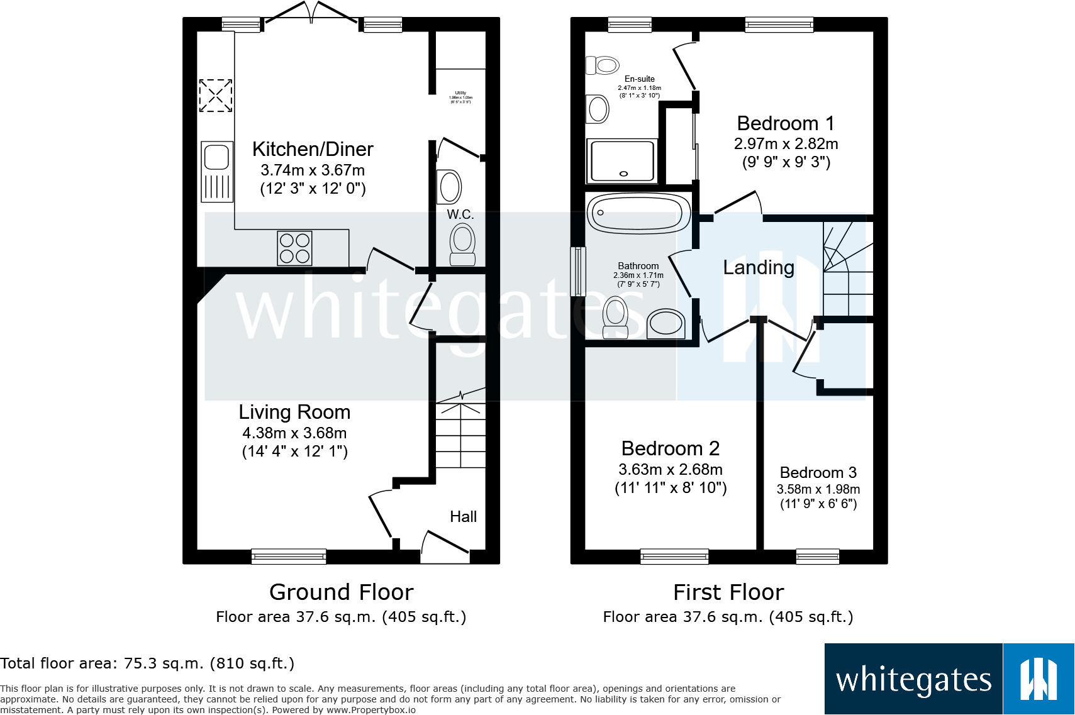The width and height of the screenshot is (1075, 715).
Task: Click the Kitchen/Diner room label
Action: pyautogui.click(x=313, y=149)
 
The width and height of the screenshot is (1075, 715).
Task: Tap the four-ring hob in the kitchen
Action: pyautogui.click(x=294, y=248)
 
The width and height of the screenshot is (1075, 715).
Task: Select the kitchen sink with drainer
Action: pyautogui.click(x=217, y=171)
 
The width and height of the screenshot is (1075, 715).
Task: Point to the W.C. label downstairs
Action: pyautogui.click(x=460, y=214)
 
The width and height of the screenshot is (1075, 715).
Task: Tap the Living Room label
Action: pyautogui.click(x=294, y=412)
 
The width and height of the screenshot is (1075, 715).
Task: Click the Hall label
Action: pyautogui.click(x=463, y=516)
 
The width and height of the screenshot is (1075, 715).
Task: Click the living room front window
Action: pyautogui.click(x=289, y=556)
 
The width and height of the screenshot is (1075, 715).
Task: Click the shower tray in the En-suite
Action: pyautogui.click(x=622, y=161)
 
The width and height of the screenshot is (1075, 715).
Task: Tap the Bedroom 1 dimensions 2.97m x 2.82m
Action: pyautogui.click(x=786, y=143)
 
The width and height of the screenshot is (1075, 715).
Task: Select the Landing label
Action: pyautogui.click(x=759, y=267)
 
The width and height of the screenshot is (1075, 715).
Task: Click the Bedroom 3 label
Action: pyautogui.click(x=818, y=472)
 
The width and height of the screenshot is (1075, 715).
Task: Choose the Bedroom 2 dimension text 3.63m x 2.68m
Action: pyautogui.click(x=671, y=469)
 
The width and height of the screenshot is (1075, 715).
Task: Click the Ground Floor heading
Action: pyautogui.click(x=341, y=592)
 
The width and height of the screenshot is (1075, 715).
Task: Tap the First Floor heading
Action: pyautogui.click(x=728, y=592)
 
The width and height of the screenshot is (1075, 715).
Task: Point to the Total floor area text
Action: pyautogui.click(x=147, y=663)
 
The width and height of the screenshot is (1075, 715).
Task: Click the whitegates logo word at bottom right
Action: pyautogui.click(x=913, y=680)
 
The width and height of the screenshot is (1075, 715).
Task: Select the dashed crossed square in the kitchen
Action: pyautogui.click(x=216, y=96)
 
